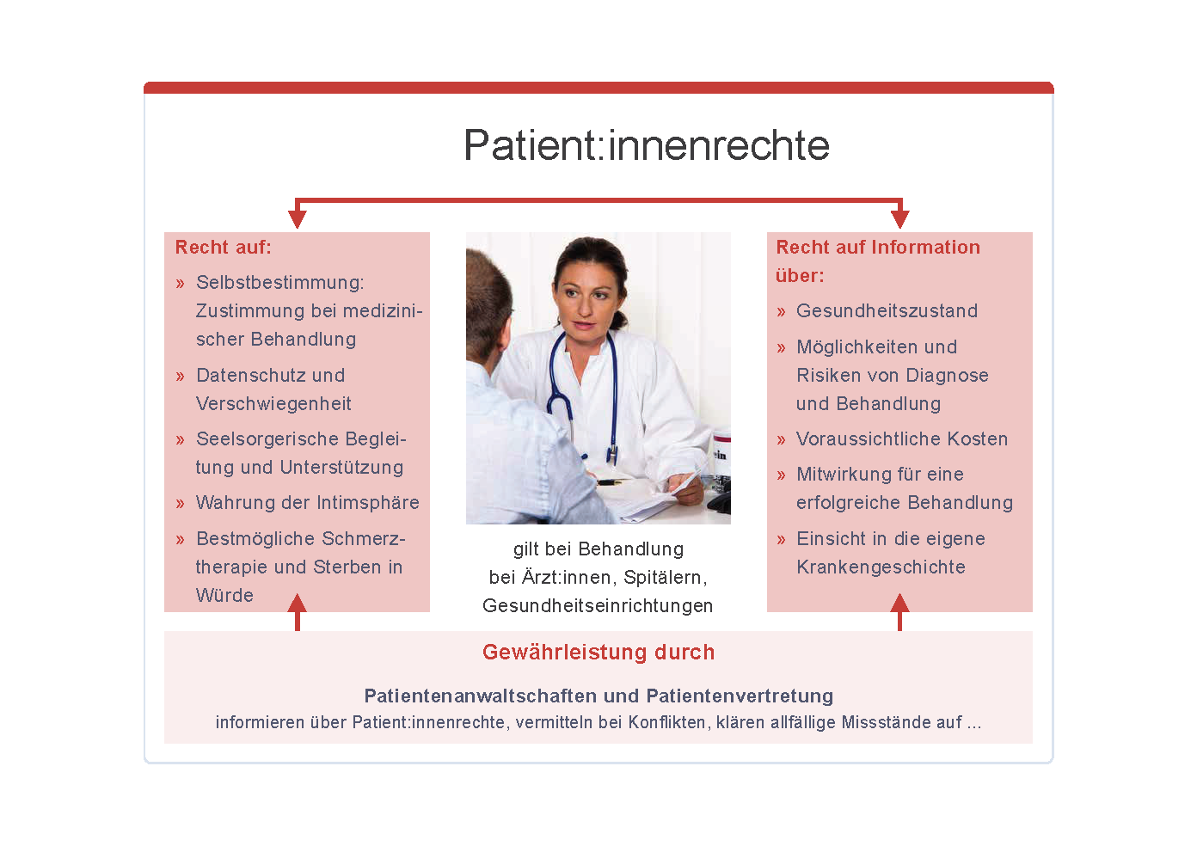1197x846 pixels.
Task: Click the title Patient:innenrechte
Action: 647,144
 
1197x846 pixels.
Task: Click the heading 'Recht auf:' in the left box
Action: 224,247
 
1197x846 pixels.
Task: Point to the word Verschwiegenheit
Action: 273,403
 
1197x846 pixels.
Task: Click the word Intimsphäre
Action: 368,502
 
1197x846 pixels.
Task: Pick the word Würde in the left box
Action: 224,595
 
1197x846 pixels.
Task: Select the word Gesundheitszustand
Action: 887,310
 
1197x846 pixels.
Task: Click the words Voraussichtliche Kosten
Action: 902,438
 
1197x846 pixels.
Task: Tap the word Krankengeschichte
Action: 881,567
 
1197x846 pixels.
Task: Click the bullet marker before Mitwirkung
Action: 782,475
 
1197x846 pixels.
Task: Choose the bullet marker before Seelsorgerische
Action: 180,440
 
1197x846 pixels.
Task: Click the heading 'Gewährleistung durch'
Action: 598,652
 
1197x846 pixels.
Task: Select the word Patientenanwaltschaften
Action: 481,696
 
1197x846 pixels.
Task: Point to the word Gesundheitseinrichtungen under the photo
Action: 598,605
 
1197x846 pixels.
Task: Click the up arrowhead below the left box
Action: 298,603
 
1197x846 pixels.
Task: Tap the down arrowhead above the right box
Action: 899,219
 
